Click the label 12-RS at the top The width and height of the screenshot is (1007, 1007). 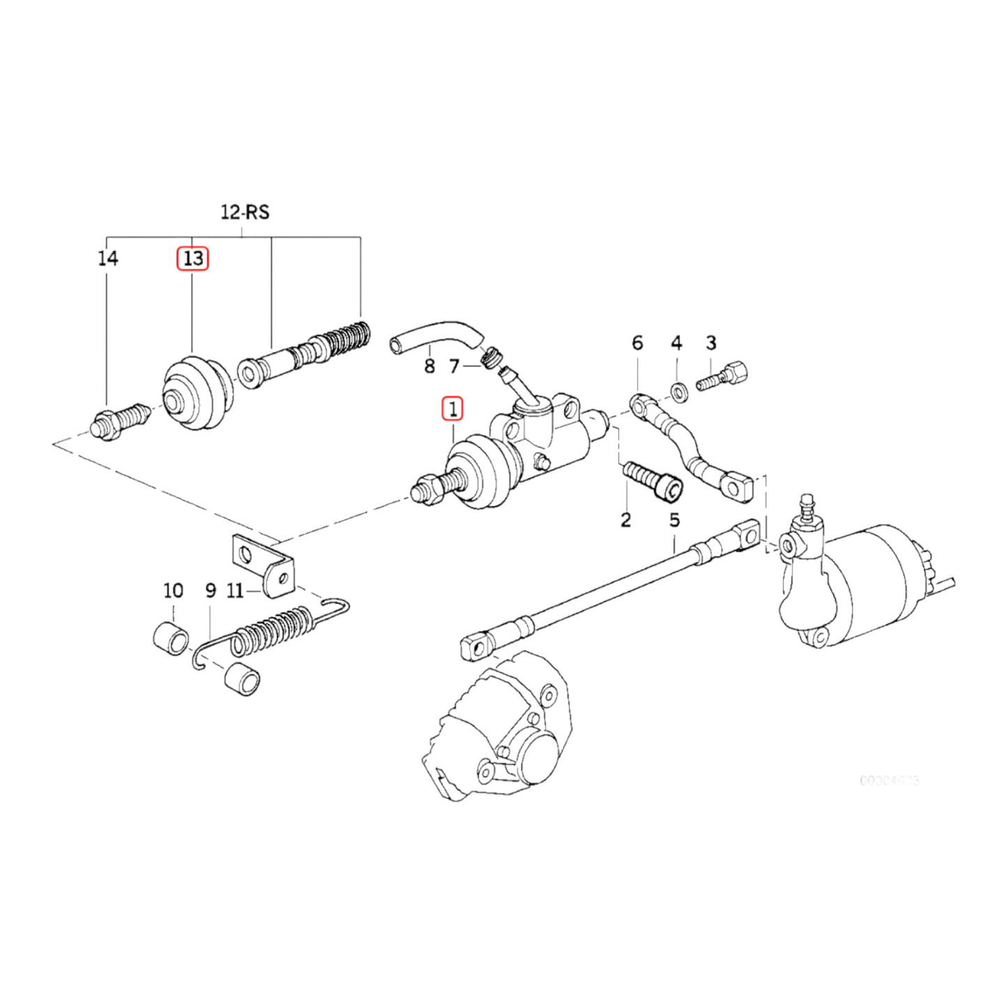[x=245, y=212]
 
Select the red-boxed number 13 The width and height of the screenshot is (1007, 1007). [x=192, y=259]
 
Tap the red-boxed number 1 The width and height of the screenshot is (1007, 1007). [x=452, y=408]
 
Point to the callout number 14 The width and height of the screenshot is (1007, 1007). [x=107, y=259]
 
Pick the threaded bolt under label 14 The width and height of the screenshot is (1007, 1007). [x=118, y=422]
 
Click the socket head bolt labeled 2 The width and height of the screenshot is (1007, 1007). [x=652, y=480]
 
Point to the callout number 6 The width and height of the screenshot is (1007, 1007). [x=637, y=343]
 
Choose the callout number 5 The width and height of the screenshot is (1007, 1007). [x=674, y=520]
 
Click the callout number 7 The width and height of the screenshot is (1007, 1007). [x=454, y=366]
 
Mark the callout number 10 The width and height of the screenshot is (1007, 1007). [x=173, y=591]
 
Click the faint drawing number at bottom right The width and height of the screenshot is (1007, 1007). [x=889, y=780]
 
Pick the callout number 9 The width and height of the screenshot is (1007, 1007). [x=210, y=591]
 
